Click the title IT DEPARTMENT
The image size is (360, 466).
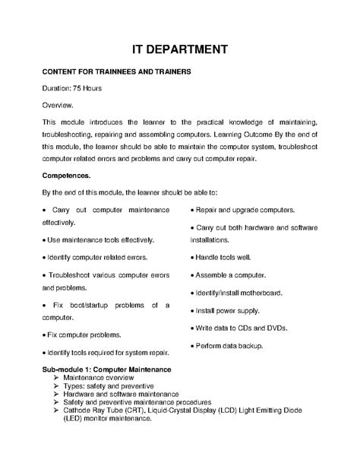pos(180,50)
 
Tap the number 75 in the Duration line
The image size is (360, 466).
pos(79,88)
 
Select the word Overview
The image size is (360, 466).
pos(58,105)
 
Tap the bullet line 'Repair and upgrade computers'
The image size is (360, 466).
pos(245,209)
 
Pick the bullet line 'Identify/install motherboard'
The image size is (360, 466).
pos(242,292)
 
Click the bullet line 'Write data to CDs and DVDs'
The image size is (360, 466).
pos(241,328)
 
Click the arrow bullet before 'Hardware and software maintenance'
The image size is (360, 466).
pos(56,395)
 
